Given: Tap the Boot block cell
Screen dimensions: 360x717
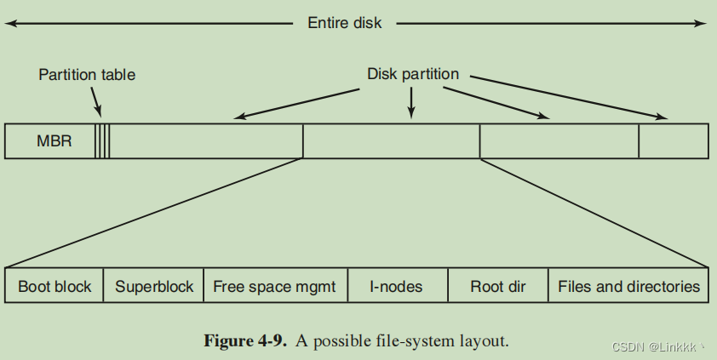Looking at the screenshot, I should tap(54, 287).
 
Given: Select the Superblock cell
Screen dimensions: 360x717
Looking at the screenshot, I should tap(154, 287).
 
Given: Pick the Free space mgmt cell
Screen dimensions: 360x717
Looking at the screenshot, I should tap(275, 287).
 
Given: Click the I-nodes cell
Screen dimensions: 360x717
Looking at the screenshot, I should tap(397, 287).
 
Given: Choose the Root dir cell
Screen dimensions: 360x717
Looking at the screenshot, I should tap(498, 287).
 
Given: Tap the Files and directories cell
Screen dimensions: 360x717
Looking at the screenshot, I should tap(628, 287).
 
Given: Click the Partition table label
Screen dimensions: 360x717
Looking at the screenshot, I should tap(87, 75).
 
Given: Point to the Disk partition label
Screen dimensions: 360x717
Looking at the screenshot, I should tap(413, 74).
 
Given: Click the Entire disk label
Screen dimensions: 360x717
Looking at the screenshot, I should tap(344, 23).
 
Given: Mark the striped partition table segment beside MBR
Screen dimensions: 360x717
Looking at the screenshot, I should tap(102, 141).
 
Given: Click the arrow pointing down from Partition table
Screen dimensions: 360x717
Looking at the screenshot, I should tap(96, 104).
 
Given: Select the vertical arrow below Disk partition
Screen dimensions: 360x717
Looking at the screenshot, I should tap(412, 102).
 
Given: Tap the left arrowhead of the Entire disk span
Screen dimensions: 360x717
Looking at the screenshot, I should tap(10, 23).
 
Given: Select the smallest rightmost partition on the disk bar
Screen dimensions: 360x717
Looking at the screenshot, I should tap(673, 141).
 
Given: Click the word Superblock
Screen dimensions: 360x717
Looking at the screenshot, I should tap(154, 287).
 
